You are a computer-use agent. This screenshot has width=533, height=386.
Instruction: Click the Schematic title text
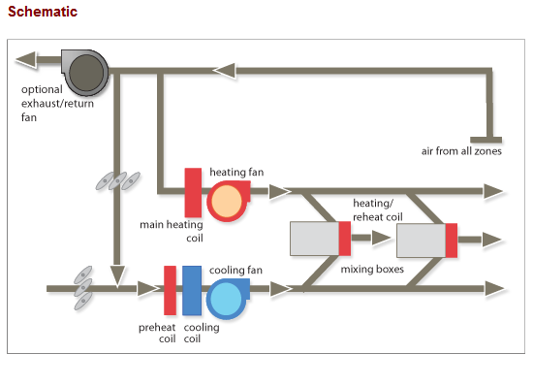(x=42, y=13)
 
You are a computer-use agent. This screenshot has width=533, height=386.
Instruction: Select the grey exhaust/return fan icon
(x=86, y=69)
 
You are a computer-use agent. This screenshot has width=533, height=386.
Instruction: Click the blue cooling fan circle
(x=228, y=298)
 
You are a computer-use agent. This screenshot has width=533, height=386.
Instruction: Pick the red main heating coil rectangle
(x=193, y=192)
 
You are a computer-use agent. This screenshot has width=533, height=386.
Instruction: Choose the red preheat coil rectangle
(x=170, y=289)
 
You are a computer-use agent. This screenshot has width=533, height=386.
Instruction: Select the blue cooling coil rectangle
(x=192, y=289)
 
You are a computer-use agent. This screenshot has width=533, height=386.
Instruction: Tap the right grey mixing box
(x=421, y=240)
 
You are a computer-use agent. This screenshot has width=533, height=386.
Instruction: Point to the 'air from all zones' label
(x=460, y=151)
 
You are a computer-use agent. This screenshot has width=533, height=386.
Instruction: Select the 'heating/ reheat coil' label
(x=377, y=209)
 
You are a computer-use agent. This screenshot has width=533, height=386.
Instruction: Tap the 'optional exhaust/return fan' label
(x=57, y=103)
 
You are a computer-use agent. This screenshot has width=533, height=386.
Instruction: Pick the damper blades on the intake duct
(x=84, y=288)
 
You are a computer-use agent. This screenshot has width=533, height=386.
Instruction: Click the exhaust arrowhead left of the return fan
(x=26, y=60)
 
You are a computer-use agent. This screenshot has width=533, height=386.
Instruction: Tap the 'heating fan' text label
(x=236, y=172)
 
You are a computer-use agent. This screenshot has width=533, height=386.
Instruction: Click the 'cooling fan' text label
(x=234, y=271)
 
